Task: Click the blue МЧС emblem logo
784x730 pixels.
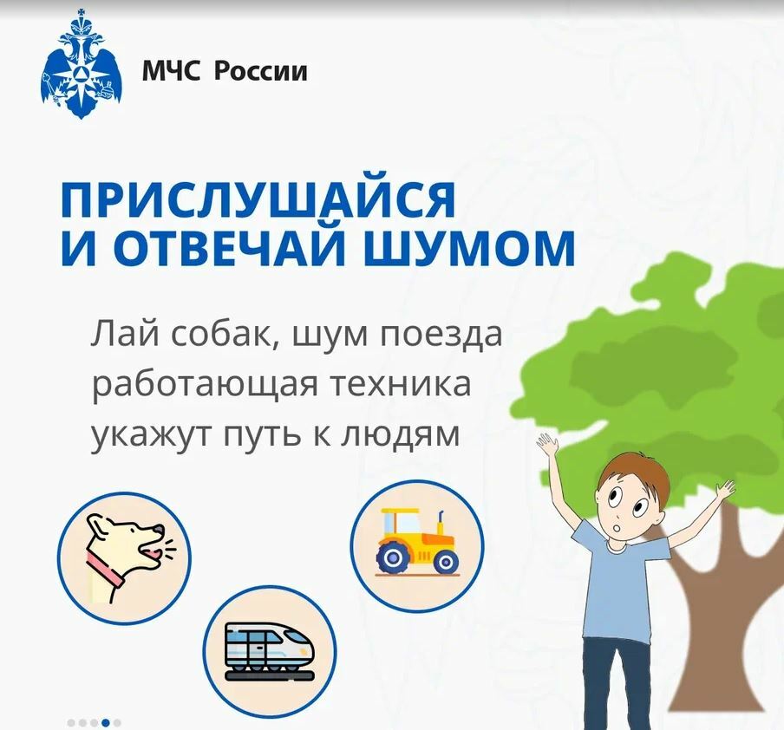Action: pyautogui.click(x=81, y=64)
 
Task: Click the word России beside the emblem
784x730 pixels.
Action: pyautogui.click(x=260, y=70)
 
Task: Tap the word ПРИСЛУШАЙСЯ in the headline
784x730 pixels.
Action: pyautogui.click(x=258, y=199)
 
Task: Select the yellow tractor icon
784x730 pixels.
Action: pyautogui.click(x=417, y=545)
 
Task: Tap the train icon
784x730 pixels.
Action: pyautogui.click(x=270, y=652)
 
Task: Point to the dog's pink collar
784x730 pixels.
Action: pyautogui.click(x=105, y=569)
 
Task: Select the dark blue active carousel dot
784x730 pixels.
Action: pyautogui.click(x=106, y=722)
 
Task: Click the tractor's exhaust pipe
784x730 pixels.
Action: pyautogui.click(x=441, y=522)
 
